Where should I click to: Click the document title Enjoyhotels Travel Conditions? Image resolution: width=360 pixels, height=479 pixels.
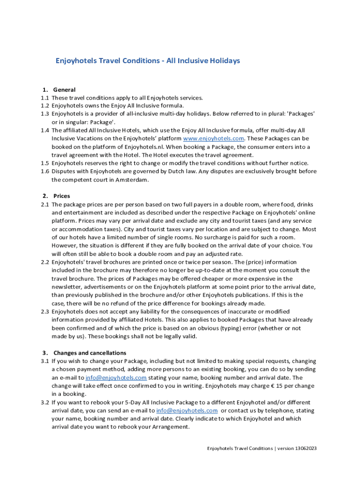[x=148, y=61]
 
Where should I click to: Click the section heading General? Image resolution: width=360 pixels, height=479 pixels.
[x=65, y=89]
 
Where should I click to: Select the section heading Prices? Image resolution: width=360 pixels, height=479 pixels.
[x=62, y=196]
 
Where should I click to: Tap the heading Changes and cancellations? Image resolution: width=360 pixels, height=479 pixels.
[x=90, y=353]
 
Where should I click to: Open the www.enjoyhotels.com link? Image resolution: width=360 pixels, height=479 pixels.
[x=214, y=138]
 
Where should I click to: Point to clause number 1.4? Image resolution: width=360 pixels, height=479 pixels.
[x=45, y=130]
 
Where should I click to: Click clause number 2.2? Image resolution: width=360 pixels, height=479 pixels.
[x=45, y=262]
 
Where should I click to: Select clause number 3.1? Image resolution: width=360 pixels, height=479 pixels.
[x=45, y=361]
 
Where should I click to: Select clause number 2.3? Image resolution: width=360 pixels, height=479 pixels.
[x=45, y=312]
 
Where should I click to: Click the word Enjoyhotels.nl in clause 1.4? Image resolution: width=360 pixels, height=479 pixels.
[x=139, y=147]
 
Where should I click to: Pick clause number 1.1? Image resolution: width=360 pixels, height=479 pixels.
[x=45, y=98]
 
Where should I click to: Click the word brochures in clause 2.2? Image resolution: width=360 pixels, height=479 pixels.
[x=119, y=262]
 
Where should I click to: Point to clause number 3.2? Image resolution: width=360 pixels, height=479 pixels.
[x=45, y=402]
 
